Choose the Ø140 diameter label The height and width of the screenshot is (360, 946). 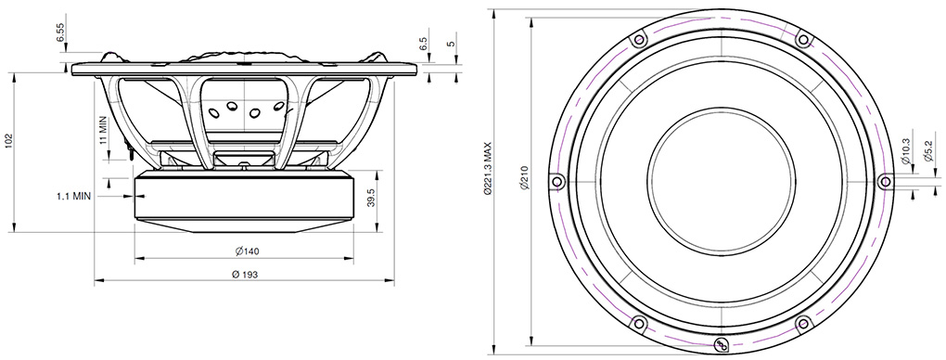point(247,251)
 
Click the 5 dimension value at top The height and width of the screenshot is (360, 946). point(451,45)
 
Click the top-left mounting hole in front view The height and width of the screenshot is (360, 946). point(637,40)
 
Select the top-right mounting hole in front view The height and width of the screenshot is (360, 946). point(803,39)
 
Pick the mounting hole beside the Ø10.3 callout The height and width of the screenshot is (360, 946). point(884,181)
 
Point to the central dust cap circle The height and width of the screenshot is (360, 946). point(721,181)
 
